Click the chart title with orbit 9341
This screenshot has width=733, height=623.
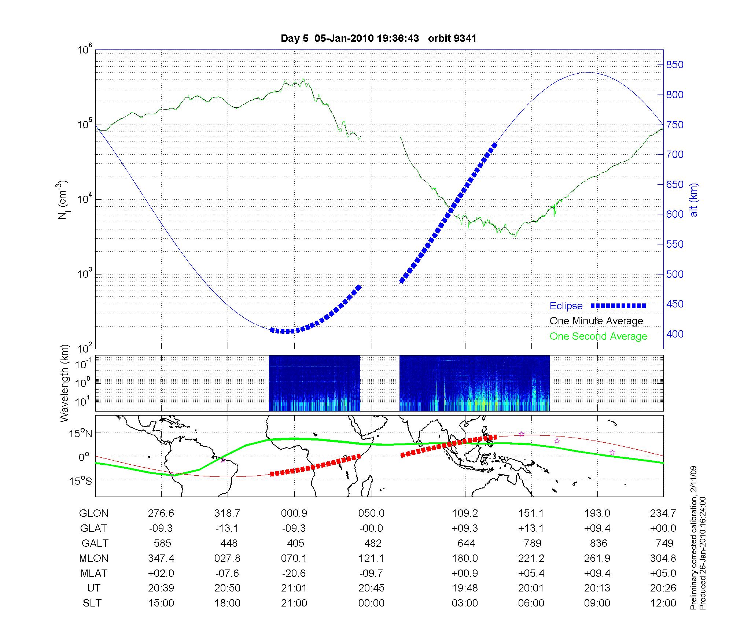378,38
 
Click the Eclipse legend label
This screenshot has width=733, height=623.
566,306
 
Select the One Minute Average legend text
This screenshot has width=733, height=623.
596,321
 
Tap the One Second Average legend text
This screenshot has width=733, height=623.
598,336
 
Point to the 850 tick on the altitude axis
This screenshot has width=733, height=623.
674,65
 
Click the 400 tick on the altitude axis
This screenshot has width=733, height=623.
674,334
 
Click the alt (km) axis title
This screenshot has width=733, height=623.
694,200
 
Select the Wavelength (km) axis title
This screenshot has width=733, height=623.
65,383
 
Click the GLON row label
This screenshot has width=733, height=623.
93,513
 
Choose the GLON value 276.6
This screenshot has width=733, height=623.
161,513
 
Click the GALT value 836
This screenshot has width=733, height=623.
598,543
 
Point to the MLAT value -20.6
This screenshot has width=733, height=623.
294,573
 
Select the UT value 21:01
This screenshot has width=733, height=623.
294,588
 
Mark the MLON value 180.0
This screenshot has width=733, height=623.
465,558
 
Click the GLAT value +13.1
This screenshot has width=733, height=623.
531,528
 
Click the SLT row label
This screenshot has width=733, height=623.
92,603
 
